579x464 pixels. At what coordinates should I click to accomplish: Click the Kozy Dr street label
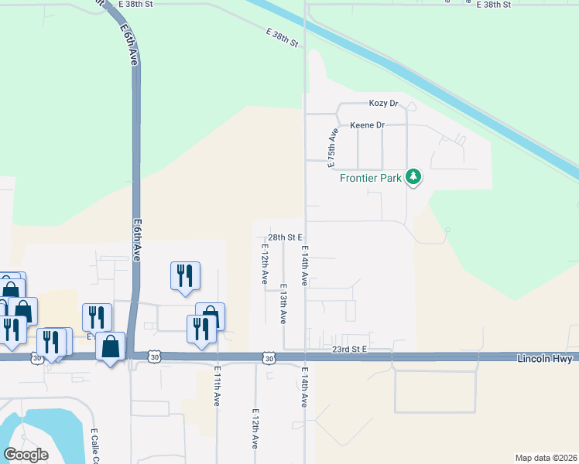pyautogui.click(x=383, y=103)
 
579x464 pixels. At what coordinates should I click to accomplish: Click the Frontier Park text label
pyautogui.click(x=372, y=179)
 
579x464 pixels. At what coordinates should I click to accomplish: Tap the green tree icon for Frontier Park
pyautogui.click(x=414, y=177)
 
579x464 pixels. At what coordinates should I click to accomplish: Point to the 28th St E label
pyautogui.click(x=284, y=237)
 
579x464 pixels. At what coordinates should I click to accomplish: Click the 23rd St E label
pyautogui.click(x=348, y=350)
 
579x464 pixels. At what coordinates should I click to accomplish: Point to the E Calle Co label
pyautogui.click(x=94, y=445)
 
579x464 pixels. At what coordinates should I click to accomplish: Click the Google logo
pyautogui.click(x=26, y=454)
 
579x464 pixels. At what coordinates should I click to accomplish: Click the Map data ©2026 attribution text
pyautogui.click(x=545, y=458)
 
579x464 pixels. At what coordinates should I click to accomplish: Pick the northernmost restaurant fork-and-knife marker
pyautogui.click(x=185, y=276)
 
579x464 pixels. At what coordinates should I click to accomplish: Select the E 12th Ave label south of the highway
pyautogui.click(x=254, y=429)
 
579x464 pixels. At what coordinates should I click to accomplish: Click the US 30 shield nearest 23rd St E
pyautogui.click(x=268, y=359)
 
